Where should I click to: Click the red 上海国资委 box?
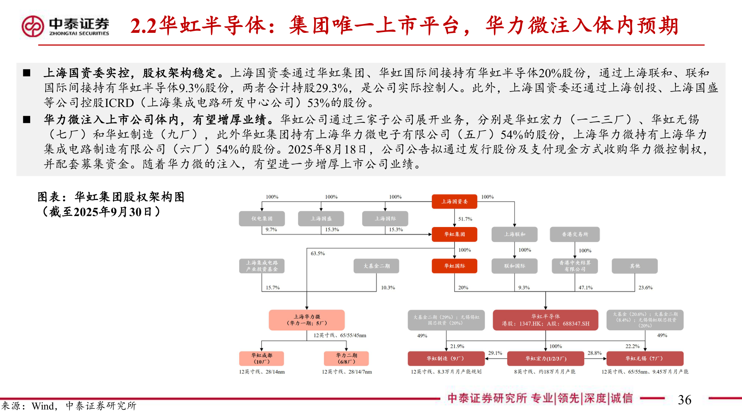[454, 202]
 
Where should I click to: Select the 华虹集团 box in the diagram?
[454, 234]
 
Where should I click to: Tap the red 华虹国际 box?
[454, 266]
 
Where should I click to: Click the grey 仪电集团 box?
[262, 219]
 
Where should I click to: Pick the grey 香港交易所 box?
[575, 234]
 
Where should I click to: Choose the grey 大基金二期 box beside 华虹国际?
[376, 266]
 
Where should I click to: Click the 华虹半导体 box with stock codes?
[545, 320]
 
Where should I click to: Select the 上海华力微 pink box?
[306, 320]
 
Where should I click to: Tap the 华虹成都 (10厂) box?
[262, 358]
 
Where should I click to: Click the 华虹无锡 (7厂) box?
[645, 358]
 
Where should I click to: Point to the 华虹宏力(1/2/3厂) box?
[545, 358]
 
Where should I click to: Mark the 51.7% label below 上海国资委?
[465, 219]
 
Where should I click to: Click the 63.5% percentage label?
[318, 253]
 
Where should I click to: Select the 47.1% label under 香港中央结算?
[585, 288]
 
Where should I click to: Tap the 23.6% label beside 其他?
[645, 288]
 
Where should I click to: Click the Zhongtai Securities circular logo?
[33, 26]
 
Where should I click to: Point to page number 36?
[684, 400]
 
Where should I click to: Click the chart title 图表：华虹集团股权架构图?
[111, 197]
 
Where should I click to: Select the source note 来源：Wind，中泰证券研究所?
[69, 406]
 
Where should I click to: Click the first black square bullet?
[27, 73]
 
